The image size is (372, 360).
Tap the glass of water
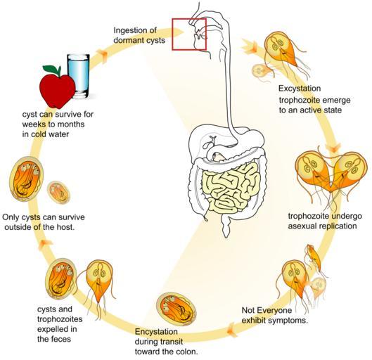click(x=79, y=76)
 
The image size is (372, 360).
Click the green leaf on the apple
click(x=52, y=70)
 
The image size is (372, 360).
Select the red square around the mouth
click(x=189, y=34)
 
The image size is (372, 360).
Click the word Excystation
click(x=300, y=89)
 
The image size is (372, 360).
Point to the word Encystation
click(x=156, y=332)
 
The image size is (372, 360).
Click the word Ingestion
click(x=129, y=30)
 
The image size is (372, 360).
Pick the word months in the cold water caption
click(x=71, y=124)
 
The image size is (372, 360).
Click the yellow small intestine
click(x=232, y=187)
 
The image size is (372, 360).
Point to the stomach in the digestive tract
click(x=247, y=139)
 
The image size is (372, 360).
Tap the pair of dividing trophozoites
click(x=331, y=175)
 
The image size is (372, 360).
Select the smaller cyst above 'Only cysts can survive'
click(x=58, y=192)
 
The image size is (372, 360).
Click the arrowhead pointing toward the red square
click(x=179, y=32)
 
